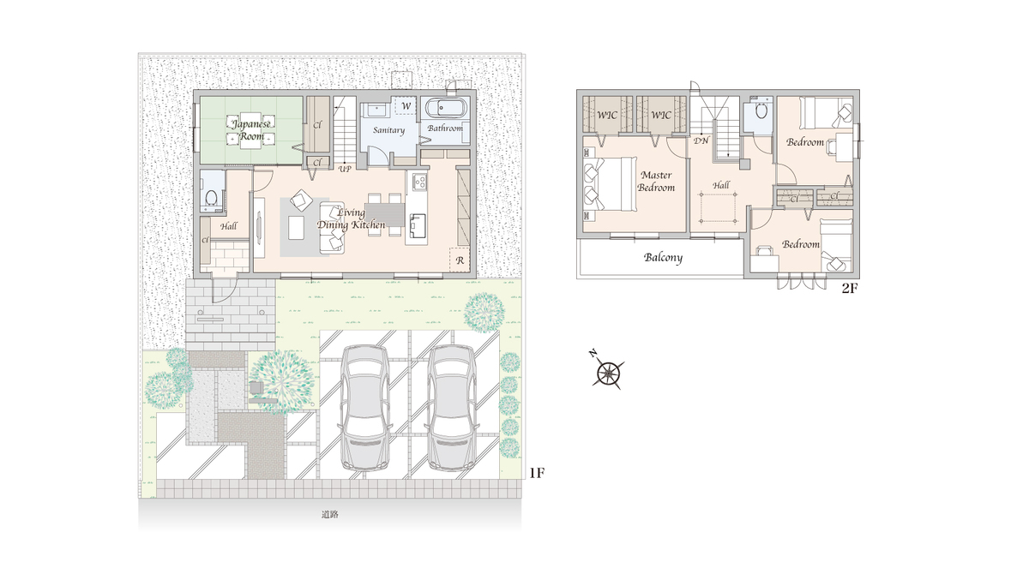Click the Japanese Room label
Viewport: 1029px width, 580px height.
pyautogui.click(x=251, y=130)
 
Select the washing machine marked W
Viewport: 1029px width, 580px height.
pyautogui.click(x=406, y=106)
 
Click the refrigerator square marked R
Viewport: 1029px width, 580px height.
pyautogui.click(x=460, y=260)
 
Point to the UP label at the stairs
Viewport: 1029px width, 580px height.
pyautogui.click(x=345, y=169)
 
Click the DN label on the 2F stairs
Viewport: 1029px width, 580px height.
pyautogui.click(x=701, y=141)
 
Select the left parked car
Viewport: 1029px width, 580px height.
pyautogui.click(x=365, y=408)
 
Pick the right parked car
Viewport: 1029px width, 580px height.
pyautogui.click(x=452, y=408)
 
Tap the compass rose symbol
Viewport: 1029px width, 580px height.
pyautogui.click(x=607, y=372)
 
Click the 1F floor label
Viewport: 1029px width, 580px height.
pyautogui.click(x=537, y=473)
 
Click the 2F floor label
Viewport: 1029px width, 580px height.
pyautogui.click(x=850, y=288)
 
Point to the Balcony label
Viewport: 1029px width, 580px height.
pyautogui.click(x=663, y=257)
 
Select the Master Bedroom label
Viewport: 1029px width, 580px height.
pyautogui.click(x=656, y=182)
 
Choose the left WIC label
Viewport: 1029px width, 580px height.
pyautogui.click(x=607, y=115)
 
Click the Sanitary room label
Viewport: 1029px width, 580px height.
pyautogui.click(x=388, y=130)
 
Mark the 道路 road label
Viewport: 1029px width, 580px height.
pyautogui.click(x=330, y=514)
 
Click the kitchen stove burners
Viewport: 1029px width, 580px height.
pyautogui.click(x=420, y=182)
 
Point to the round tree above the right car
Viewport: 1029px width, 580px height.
pyautogui.click(x=484, y=312)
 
